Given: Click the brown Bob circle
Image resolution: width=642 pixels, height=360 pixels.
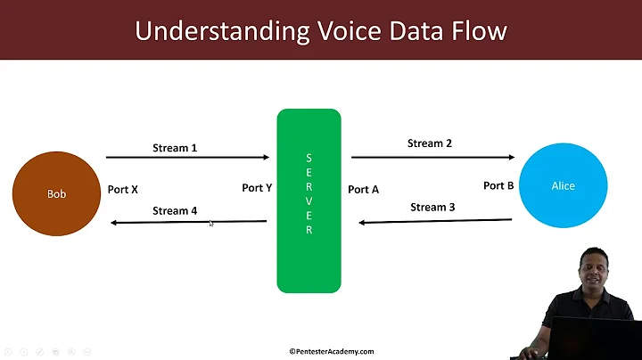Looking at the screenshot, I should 56,192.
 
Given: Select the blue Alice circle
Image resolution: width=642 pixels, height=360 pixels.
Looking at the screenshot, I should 563,185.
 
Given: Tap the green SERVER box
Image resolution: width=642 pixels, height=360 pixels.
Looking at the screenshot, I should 309,200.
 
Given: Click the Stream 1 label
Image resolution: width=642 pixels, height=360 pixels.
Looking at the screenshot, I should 175,148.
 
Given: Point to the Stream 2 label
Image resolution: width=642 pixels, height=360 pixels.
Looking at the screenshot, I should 430,143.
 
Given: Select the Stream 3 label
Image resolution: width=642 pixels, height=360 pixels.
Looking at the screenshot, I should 432,207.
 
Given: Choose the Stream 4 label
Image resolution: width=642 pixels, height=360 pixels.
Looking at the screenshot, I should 175,211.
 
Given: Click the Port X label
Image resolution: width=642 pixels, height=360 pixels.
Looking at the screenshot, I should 122,189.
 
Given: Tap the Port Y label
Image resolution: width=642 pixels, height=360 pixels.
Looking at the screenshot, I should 257,188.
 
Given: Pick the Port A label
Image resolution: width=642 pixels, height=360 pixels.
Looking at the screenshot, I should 363,189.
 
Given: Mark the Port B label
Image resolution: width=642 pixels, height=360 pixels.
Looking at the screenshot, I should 498,185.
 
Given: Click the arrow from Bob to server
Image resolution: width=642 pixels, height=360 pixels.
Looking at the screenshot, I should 187,158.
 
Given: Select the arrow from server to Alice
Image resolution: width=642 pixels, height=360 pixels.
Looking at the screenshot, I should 432,157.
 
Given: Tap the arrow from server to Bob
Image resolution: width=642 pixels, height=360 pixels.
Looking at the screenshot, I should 187,222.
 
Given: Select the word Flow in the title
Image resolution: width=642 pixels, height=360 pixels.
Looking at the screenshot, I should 474,31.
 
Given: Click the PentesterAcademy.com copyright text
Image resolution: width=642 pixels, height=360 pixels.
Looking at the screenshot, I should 331,351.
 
